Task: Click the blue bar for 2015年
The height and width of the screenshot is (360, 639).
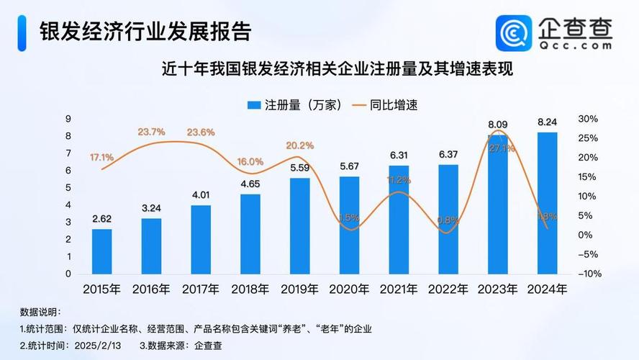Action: (101, 251)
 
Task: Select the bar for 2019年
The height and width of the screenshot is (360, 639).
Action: (300, 226)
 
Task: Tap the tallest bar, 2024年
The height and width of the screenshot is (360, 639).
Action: (548, 203)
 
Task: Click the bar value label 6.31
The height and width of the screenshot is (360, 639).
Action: (399, 155)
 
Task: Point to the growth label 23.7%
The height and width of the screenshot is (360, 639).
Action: (152, 132)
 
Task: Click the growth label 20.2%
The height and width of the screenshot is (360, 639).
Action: (300, 145)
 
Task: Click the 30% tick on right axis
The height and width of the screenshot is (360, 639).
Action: (588, 119)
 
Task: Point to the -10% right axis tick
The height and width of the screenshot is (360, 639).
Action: (588, 274)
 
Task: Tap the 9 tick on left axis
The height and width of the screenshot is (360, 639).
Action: (68, 119)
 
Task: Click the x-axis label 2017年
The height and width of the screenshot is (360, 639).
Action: (201, 289)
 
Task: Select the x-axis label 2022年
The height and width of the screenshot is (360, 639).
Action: (448, 289)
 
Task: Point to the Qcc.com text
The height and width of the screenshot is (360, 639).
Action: (576, 45)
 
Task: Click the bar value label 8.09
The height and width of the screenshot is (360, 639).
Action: (498, 124)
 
